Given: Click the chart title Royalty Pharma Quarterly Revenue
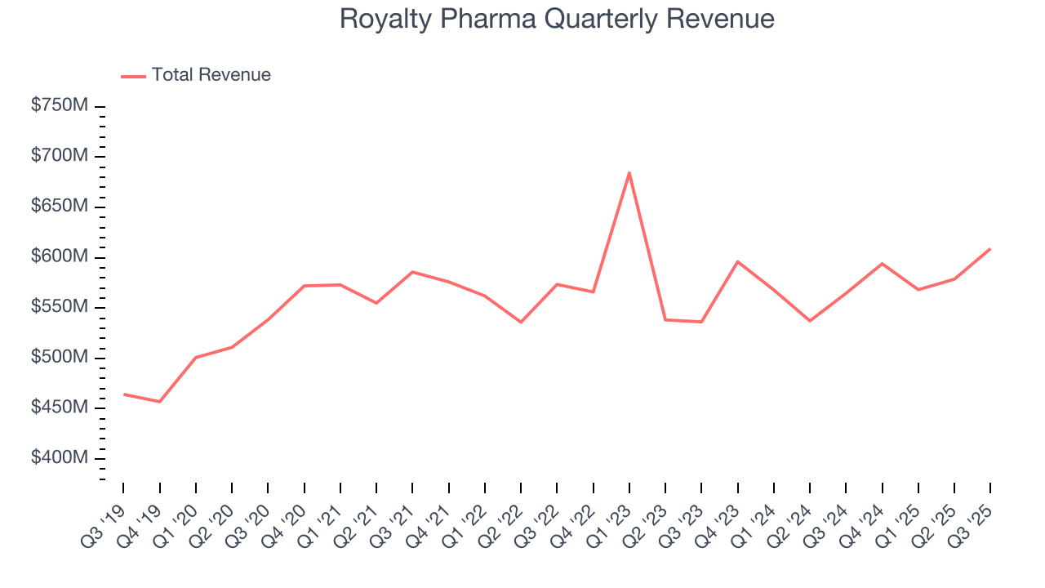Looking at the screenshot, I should [x=557, y=18].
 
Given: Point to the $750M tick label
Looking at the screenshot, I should [x=60, y=106].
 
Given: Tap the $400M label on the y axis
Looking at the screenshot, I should [x=60, y=458].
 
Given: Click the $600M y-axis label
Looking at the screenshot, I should [x=60, y=257].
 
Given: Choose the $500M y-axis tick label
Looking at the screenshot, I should [x=60, y=358].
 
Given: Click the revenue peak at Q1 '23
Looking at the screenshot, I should [x=629, y=172].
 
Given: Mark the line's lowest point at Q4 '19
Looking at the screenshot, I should [x=160, y=402].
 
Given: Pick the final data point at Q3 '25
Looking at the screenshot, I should [x=990, y=249].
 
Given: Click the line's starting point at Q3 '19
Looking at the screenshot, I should [x=124, y=394].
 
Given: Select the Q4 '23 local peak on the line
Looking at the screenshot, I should [x=737, y=261].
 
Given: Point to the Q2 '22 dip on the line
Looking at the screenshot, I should [x=521, y=322].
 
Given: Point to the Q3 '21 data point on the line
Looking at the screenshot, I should [x=412, y=272].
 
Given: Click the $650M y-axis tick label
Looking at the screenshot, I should [x=60, y=207].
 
